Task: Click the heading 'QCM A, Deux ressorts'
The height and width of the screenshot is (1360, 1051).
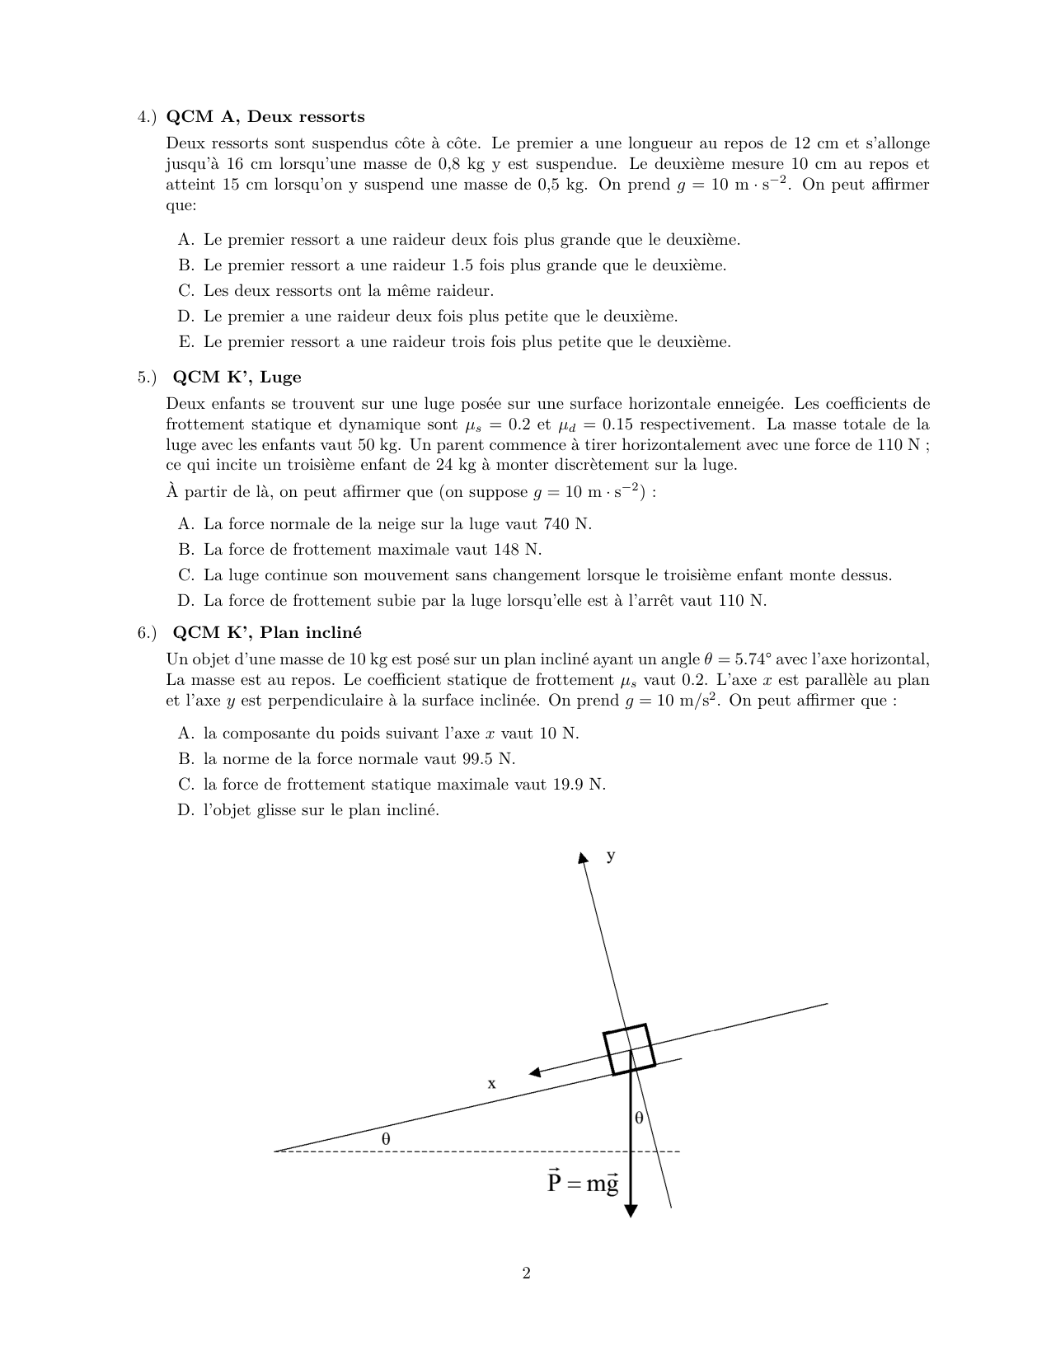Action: click(x=265, y=116)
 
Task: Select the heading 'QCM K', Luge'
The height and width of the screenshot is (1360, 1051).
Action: click(x=237, y=378)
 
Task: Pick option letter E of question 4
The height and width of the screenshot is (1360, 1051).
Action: click(x=185, y=342)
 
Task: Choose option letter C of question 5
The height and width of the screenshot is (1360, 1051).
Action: click(x=185, y=575)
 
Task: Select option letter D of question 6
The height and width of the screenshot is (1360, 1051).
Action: click(x=185, y=810)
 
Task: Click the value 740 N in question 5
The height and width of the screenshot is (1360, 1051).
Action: click(x=566, y=524)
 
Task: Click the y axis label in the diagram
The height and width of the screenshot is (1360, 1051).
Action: click(x=611, y=856)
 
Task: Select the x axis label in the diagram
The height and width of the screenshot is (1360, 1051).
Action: click(x=492, y=1084)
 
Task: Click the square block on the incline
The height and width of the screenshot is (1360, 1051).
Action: click(x=629, y=1049)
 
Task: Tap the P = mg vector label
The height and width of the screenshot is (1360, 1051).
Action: click(x=582, y=1184)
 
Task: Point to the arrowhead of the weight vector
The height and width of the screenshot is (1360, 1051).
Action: click(x=631, y=1210)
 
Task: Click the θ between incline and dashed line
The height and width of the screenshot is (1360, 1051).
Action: click(x=385, y=1138)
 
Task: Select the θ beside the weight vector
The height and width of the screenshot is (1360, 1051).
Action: click(x=639, y=1118)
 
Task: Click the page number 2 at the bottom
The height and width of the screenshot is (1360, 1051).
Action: click(x=526, y=1273)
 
